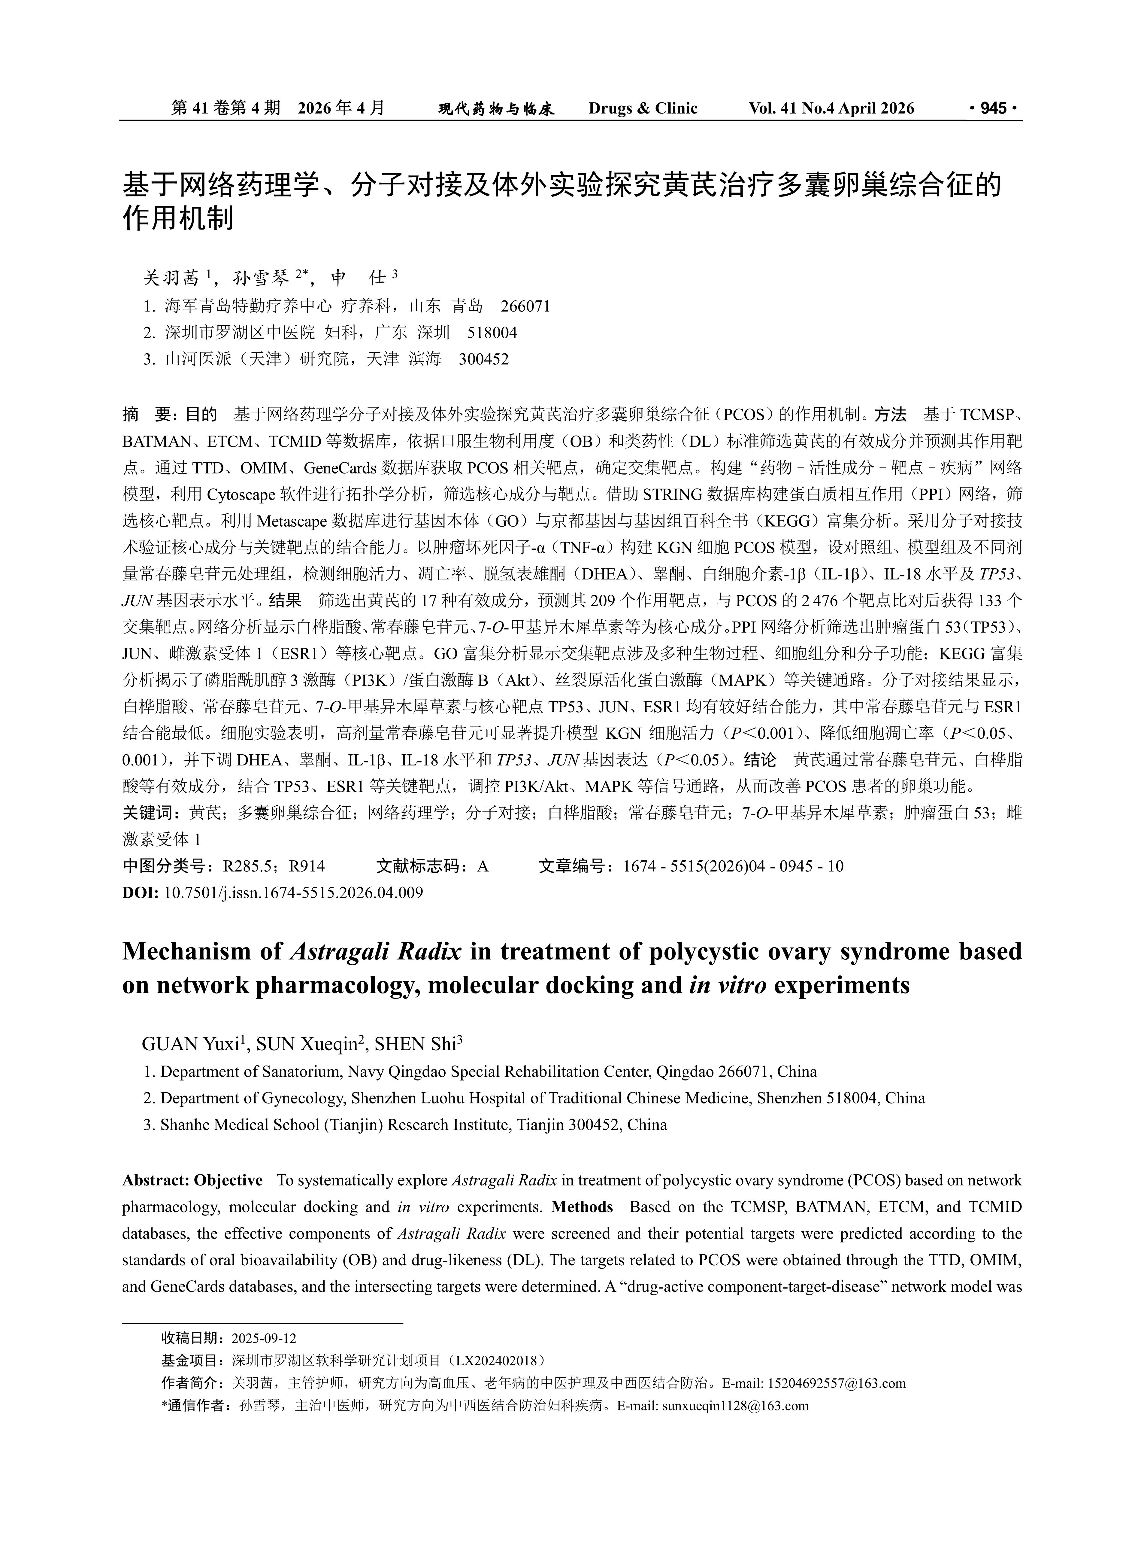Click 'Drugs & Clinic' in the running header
(x=643, y=108)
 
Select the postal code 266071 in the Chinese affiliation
(x=525, y=306)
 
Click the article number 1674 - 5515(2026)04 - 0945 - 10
(x=733, y=866)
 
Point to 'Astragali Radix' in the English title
(x=375, y=952)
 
